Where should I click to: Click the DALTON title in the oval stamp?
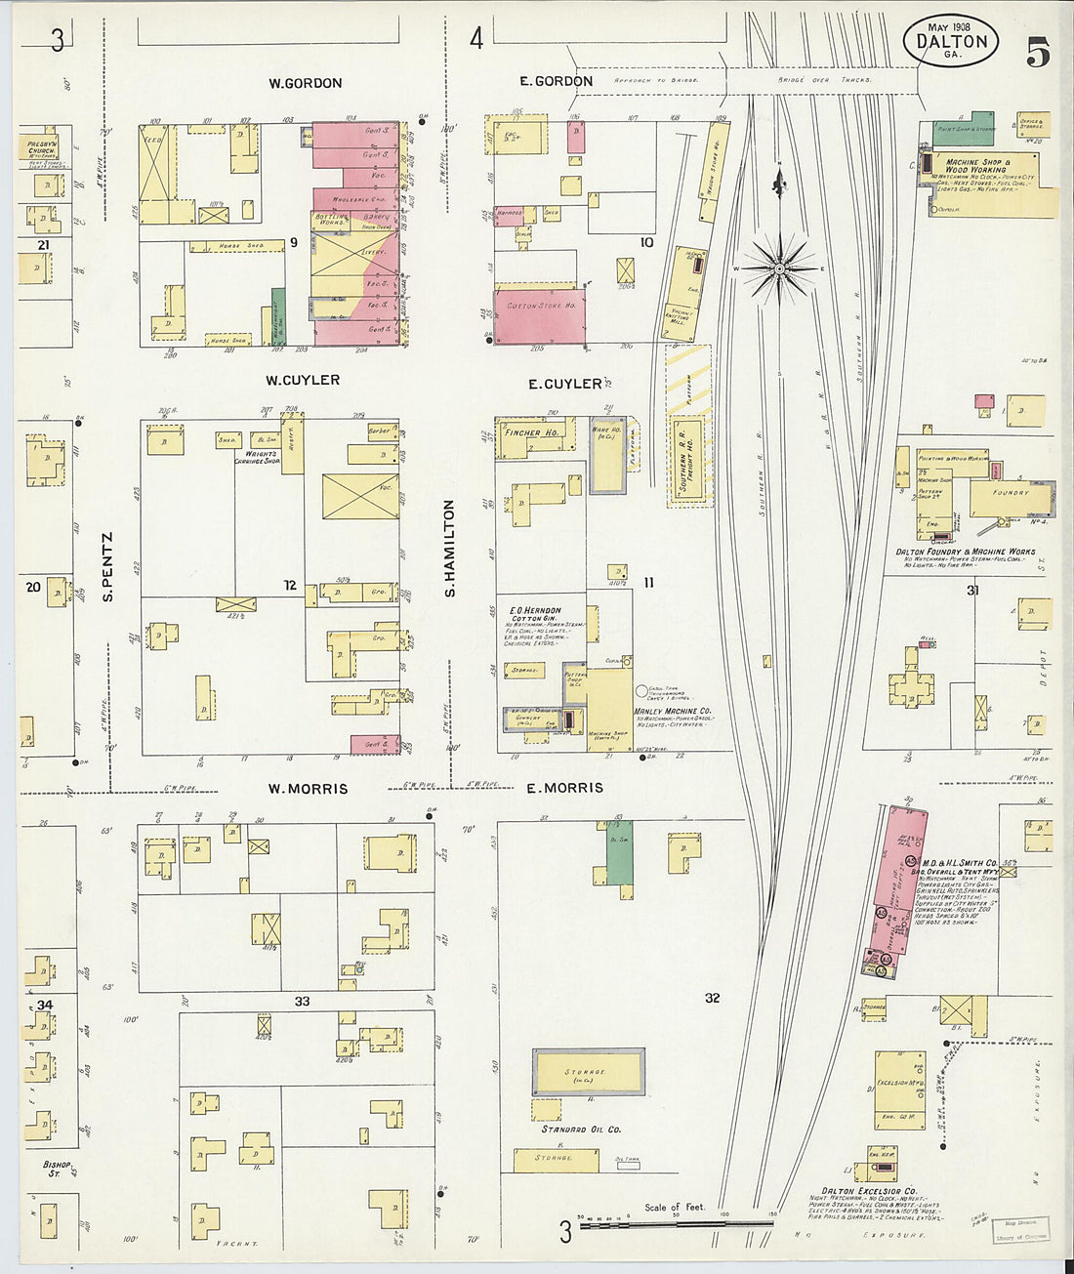point(951,42)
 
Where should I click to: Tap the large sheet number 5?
point(1038,52)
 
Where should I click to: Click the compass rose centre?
point(780,267)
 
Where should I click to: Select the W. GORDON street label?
point(306,83)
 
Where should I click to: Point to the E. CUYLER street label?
point(564,384)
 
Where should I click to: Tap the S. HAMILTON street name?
point(450,548)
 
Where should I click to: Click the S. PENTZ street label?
point(107,566)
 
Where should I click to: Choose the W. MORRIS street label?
point(308,788)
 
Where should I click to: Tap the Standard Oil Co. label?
point(581,1130)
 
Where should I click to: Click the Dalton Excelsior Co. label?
point(868,1191)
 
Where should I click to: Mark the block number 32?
point(712,997)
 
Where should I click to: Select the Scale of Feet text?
point(674,1208)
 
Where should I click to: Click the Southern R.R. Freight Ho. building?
point(686,460)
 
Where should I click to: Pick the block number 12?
point(290,585)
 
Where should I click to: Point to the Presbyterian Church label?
point(42,147)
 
